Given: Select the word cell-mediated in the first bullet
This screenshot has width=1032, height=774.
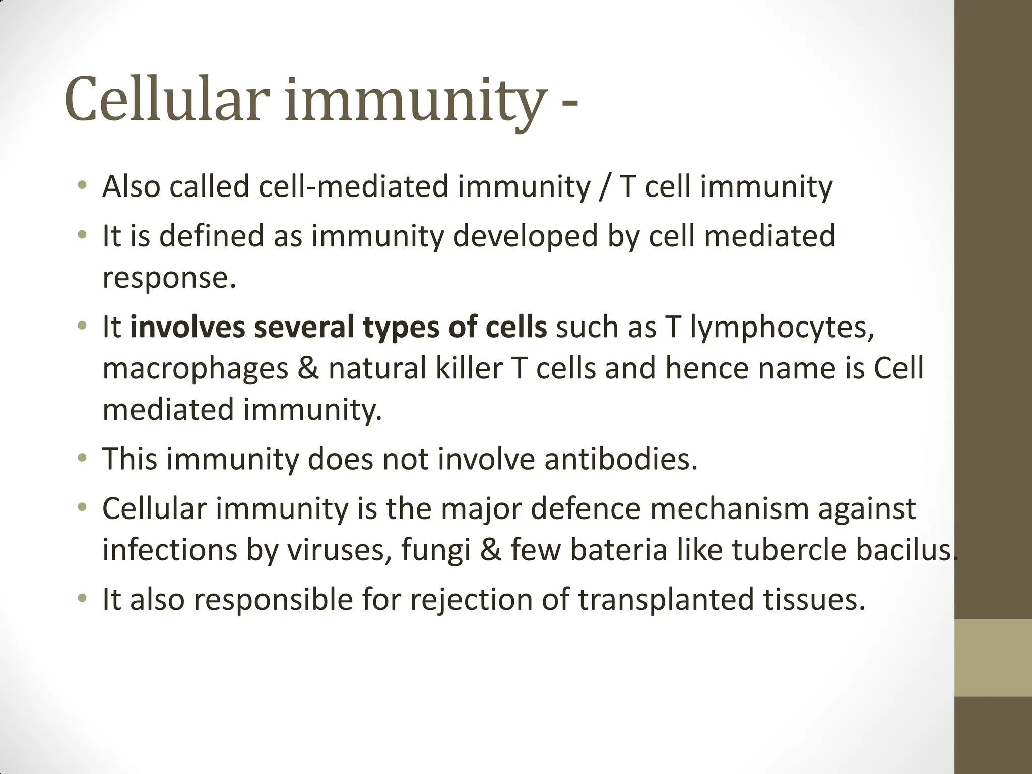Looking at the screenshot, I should click(x=353, y=186).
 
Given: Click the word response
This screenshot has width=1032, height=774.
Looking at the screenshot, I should click(x=169, y=278).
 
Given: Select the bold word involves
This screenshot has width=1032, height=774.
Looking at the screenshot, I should click(x=187, y=327).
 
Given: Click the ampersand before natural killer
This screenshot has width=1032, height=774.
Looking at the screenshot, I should click(x=308, y=368).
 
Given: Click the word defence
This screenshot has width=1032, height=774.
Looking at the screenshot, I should click(x=585, y=508).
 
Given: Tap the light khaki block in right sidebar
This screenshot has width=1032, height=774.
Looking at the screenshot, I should click(x=993, y=658).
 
